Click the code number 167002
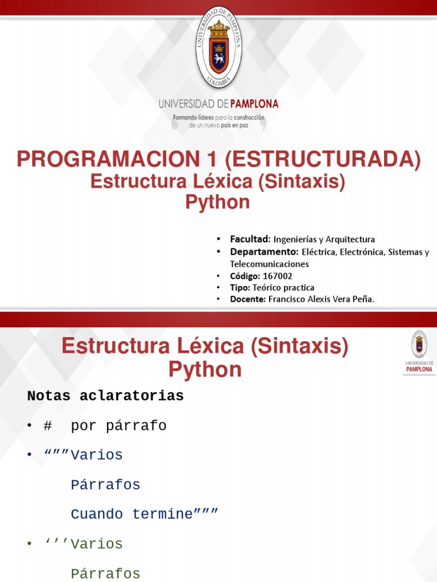coord(278,276)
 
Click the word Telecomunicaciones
coord(269,264)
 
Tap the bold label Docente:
coord(248,300)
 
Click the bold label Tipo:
coord(240,288)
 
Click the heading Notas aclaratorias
coord(105,396)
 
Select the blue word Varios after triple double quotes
coord(97,455)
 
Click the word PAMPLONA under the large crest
coord(254,104)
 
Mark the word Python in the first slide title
coord(218,202)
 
